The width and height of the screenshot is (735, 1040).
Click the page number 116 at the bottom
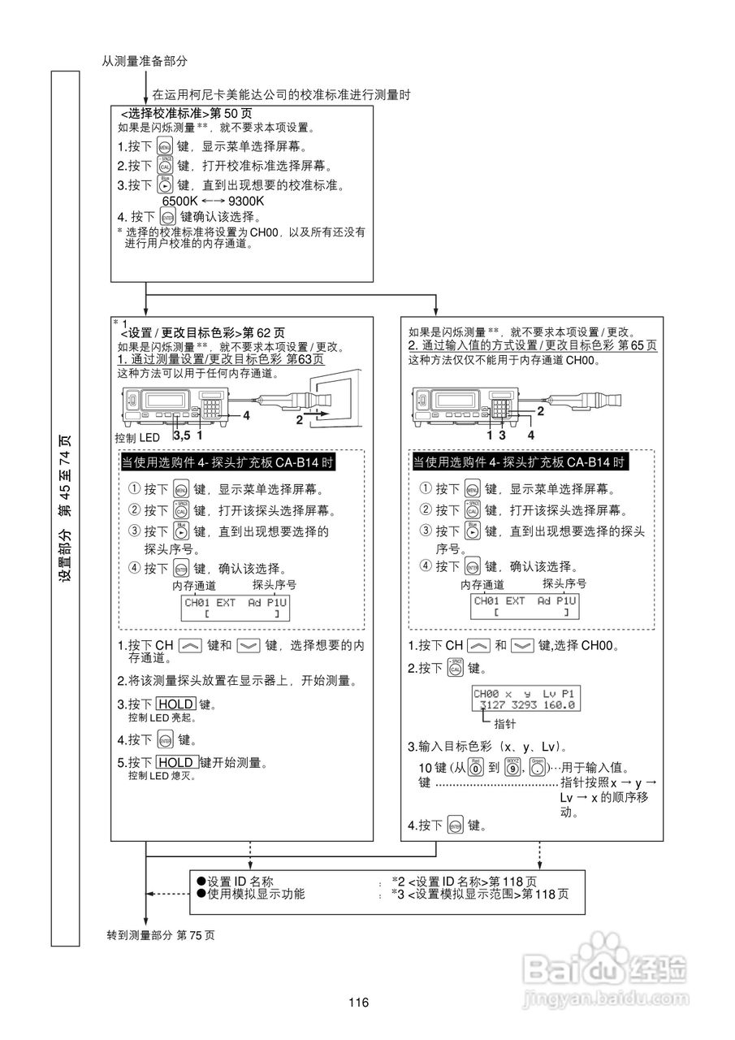(359, 1001)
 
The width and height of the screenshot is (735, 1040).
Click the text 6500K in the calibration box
(179, 201)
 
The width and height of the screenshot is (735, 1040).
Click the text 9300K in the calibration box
(248, 201)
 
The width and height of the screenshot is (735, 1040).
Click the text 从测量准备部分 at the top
(145, 61)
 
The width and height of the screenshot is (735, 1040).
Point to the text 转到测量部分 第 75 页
(161, 934)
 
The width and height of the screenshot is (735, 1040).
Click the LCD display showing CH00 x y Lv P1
(524, 700)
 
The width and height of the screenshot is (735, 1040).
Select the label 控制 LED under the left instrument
(139, 437)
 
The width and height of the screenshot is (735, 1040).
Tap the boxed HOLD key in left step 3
(175, 704)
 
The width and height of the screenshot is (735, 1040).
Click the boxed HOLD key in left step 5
(176, 762)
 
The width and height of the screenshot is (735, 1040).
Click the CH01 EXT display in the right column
(525, 606)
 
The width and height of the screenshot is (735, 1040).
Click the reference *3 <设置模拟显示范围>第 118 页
(480, 894)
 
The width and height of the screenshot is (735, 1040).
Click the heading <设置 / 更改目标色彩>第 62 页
(202, 332)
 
